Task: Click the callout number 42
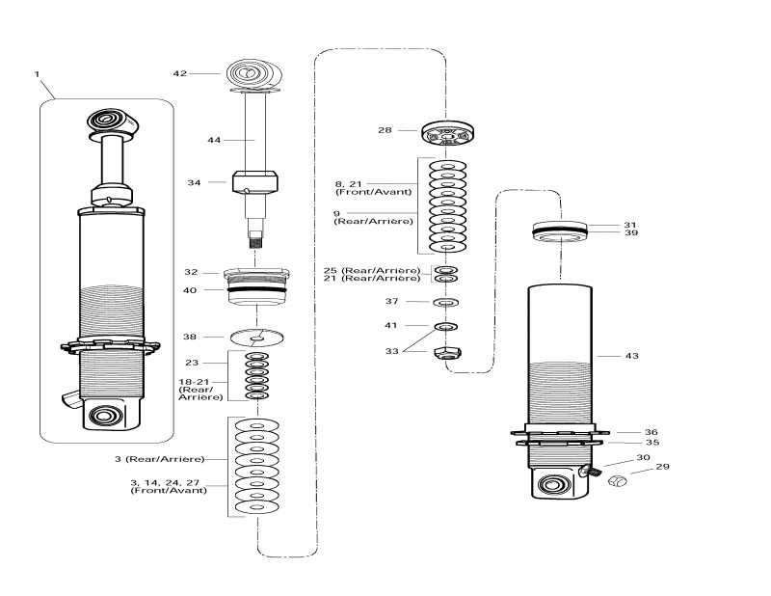click(179, 73)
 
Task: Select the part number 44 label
click(215, 140)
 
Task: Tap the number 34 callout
click(194, 181)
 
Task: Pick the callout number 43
click(632, 356)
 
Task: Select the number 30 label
click(643, 458)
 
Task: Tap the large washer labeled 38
click(259, 338)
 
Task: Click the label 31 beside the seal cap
click(631, 225)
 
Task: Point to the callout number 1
click(38, 74)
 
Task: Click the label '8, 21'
click(347, 183)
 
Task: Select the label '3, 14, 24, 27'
click(168, 481)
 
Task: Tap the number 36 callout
click(651, 432)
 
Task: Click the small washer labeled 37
click(447, 303)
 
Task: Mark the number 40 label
click(190, 289)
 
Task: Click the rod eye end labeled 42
click(253, 74)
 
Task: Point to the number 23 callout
click(192, 363)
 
